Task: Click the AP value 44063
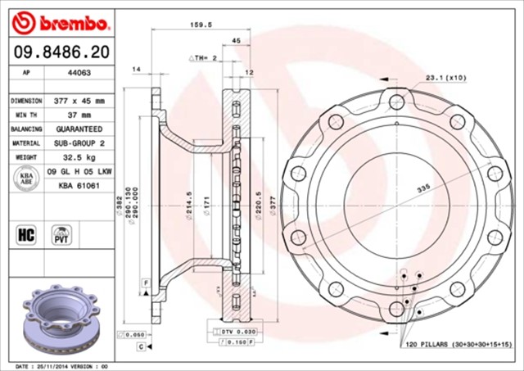pos(79,72)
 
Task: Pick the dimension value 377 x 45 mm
pos(79,101)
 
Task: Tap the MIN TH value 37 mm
pos(79,115)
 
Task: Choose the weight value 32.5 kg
pos(79,158)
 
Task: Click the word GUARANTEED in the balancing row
pos(79,129)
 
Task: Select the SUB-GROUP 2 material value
pos(79,143)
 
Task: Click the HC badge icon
pos(24,235)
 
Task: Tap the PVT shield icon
pos(60,235)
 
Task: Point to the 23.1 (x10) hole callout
pos(445,78)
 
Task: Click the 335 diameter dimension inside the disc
pos(422,188)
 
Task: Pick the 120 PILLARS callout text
pos(458,345)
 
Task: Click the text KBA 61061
pos(79,186)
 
